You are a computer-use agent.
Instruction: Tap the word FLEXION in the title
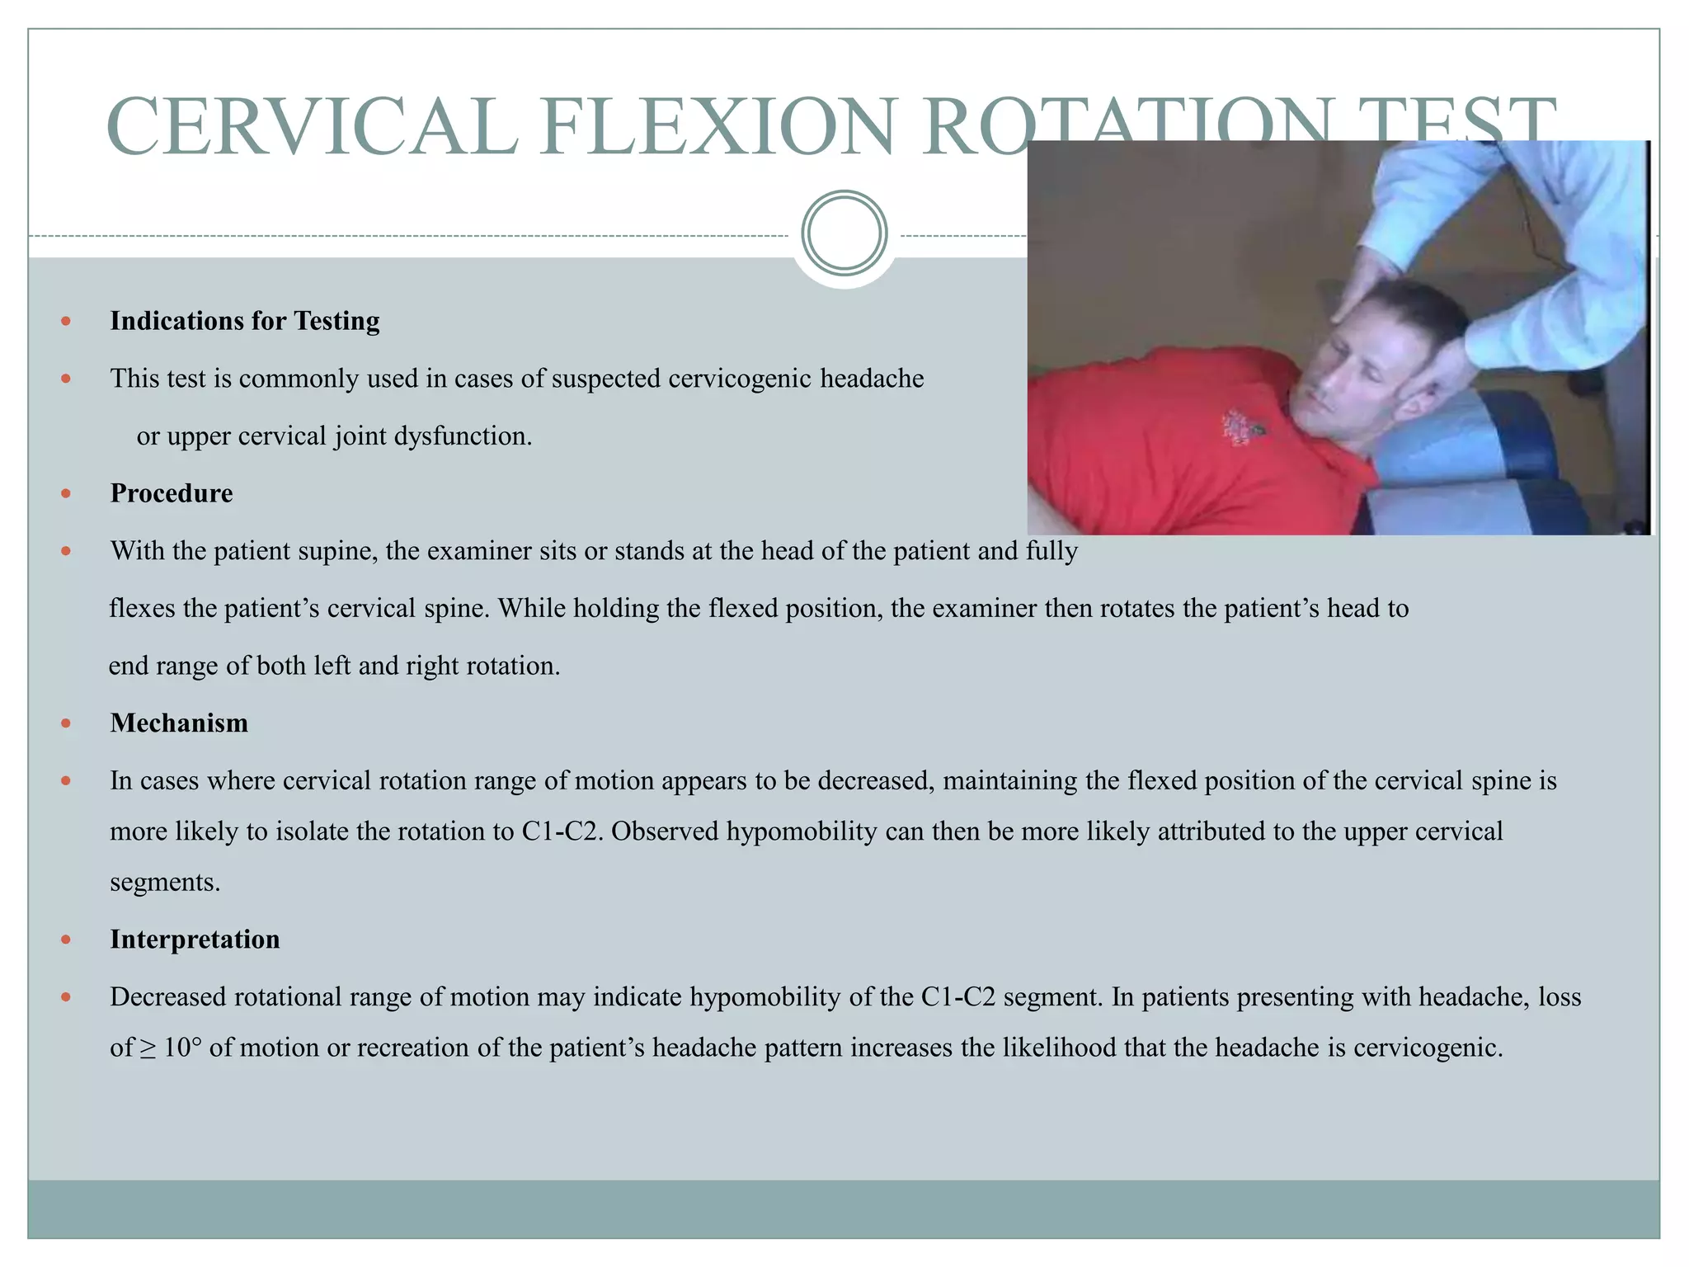[717, 128]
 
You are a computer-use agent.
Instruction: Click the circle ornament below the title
[844, 233]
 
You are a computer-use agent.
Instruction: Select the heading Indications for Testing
[245, 321]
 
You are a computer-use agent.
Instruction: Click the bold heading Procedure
[172, 493]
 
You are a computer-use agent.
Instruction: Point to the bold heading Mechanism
[179, 723]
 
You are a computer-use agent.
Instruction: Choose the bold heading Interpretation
[195, 940]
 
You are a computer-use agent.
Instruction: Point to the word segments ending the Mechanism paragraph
[165, 883]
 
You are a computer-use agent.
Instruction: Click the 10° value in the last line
[182, 1048]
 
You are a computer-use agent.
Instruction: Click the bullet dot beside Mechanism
[67, 724]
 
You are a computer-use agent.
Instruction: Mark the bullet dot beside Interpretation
[67, 940]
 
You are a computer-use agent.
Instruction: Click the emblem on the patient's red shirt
[1236, 426]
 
